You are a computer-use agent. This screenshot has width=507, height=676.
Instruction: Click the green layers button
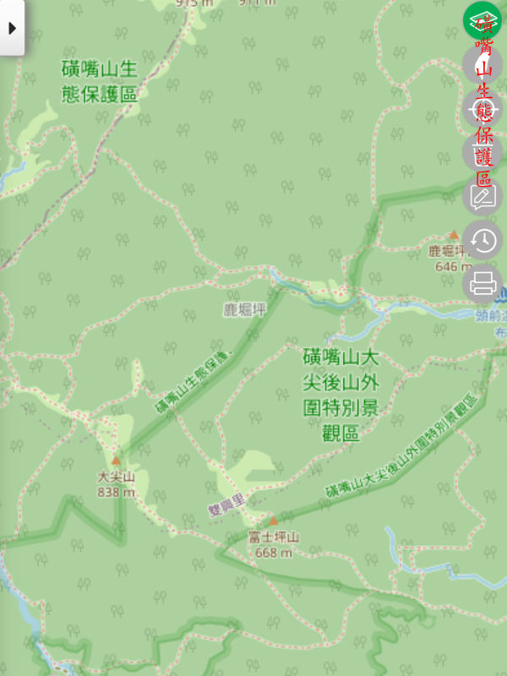[482, 21]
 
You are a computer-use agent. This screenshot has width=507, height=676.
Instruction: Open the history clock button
[482, 241]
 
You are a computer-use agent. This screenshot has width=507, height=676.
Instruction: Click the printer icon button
[482, 284]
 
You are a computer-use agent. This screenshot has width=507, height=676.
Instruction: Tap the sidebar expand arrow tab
[12, 27]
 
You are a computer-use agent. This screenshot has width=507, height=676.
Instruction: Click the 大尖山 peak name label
[116, 477]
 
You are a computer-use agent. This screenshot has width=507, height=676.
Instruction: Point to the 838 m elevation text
[116, 492]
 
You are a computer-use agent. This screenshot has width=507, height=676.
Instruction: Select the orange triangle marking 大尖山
[117, 461]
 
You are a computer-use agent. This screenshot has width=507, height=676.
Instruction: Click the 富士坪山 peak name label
[273, 537]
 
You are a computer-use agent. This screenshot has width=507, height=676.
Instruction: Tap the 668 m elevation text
[273, 553]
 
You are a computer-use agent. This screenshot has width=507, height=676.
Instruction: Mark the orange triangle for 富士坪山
[273, 521]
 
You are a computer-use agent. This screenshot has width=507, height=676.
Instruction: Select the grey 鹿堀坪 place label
[244, 310]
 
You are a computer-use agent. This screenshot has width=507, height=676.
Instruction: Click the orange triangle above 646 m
[454, 236]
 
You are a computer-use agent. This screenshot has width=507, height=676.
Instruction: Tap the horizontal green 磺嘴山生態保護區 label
[100, 81]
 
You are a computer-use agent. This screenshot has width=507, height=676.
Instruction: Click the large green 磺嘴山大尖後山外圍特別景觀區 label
[341, 395]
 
